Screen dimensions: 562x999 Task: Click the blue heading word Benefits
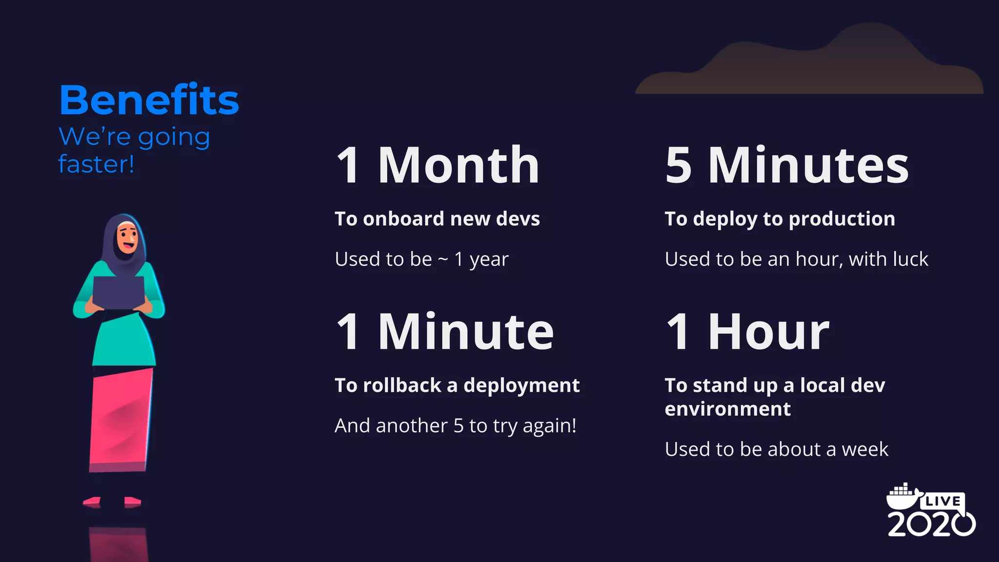coord(149,100)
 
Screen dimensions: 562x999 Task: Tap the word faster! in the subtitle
coord(96,164)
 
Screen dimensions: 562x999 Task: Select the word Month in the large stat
coord(459,166)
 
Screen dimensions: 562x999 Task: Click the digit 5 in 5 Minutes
coord(679,166)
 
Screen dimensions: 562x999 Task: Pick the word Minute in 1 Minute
coord(466,333)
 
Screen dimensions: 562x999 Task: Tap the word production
coord(841,219)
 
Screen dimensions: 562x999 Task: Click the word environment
coord(727,409)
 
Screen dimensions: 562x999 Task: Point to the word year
coord(489,260)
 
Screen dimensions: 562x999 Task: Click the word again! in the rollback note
coord(549,426)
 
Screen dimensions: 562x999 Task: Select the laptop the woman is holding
coord(119,293)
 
